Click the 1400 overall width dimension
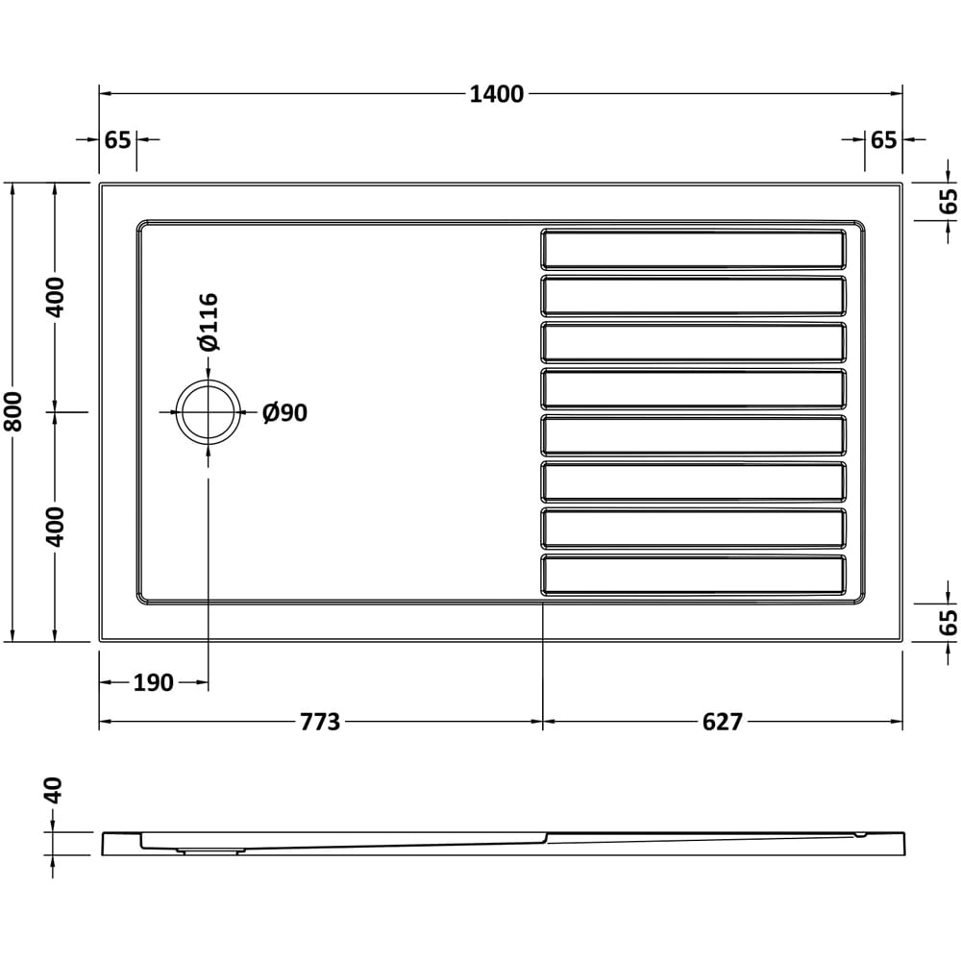click(x=497, y=94)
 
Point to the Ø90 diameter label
click(x=284, y=413)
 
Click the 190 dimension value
click(x=154, y=683)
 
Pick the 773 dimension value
click(x=320, y=722)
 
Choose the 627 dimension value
click(x=723, y=722)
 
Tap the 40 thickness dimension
click(x=54, y=791)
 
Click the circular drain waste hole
click(x=207, y=412)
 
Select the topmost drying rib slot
click(x=693, y=249)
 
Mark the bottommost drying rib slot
click(x=693, y=574)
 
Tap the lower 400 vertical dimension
click(x=56, y=526)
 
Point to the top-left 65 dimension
click(x=117, y=139)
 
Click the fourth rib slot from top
click(x=693, y=388)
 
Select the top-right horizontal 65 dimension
click(x=884, y=139)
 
